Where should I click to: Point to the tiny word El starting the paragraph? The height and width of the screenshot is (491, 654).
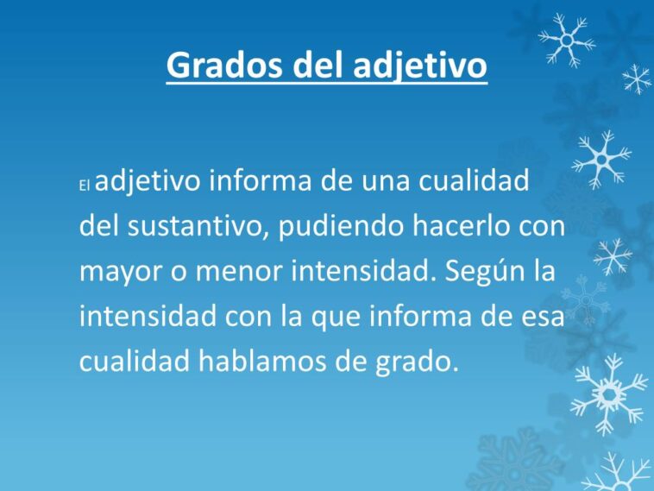(x=85, y=186)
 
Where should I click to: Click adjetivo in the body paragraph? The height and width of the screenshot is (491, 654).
(x=148, y=182)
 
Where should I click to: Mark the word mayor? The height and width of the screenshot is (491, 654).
(x=116, y=272)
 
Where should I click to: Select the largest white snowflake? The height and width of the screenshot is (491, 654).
(x=610, y=393)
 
